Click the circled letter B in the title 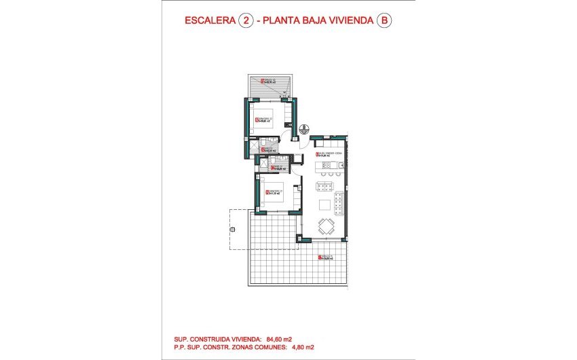click(x=384, y=21)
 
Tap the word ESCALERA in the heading click(x=210, y=21)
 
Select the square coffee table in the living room click(x=325, y=205)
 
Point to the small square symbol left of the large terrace click(x=232, y=230)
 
